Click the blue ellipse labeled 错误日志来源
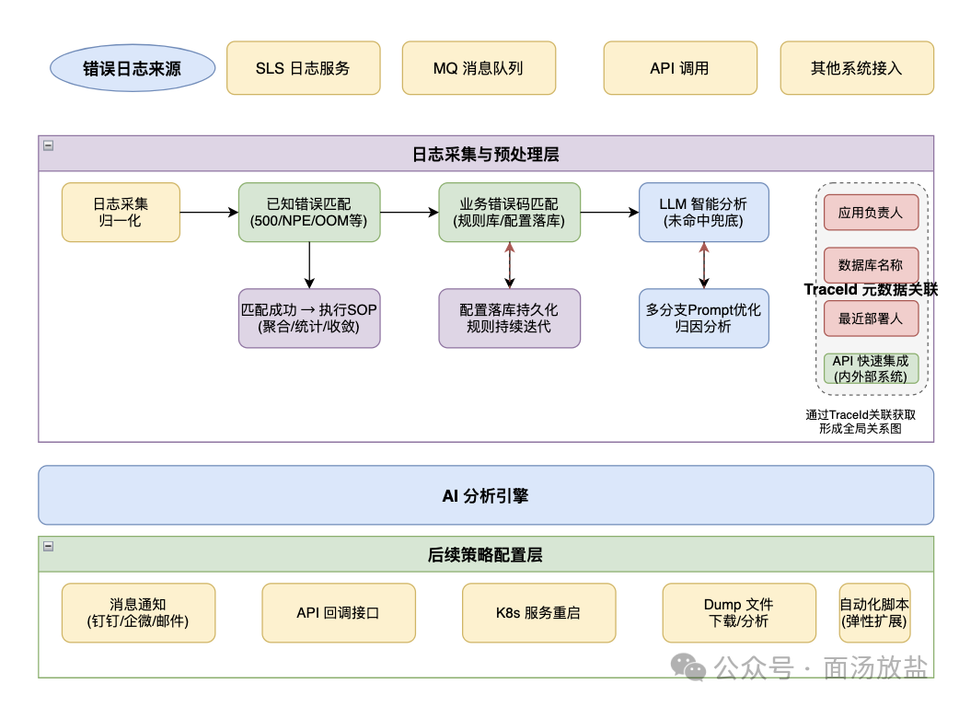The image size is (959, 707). tap(133, 68)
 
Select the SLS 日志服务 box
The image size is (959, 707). tap(304, 68)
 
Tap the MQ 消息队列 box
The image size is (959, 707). tap(479, 68)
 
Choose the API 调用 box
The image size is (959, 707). tap(680, 68)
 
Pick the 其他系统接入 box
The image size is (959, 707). tap(857, 68)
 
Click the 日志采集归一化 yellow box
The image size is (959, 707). tap(121, 213)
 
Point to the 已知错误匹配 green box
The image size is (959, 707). tap(309, 213)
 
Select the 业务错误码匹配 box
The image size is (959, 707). tap(510, 213)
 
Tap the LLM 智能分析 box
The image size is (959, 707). tap(704, 213)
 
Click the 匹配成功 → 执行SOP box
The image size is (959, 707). tap(309, 318)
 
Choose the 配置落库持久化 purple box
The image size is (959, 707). tap(510, 318)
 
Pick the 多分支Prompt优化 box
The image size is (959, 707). tap(704, 318)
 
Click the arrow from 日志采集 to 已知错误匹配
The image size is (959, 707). tap(209, 213)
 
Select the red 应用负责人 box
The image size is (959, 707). tap(871, 213)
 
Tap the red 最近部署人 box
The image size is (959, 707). tap(871, 318)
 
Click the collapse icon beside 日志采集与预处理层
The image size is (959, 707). tap(48, 145)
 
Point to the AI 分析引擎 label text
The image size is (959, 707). tap(486, 495)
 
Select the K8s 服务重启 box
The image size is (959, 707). tap(538, 613)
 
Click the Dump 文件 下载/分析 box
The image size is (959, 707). tap(739, 613)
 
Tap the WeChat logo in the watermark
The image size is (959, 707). tap(688, 666)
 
